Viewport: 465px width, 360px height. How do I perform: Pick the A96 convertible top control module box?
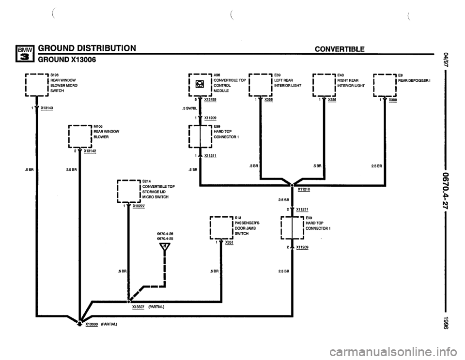pos(200,85)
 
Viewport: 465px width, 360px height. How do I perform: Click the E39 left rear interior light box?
pos(260,85)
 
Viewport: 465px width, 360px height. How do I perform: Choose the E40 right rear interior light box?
pos(324,85)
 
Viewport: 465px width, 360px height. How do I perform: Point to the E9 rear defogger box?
pos(384,85)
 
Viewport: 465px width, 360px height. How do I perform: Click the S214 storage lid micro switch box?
pos(128,190)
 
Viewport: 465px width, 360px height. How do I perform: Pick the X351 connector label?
pos(229,242)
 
